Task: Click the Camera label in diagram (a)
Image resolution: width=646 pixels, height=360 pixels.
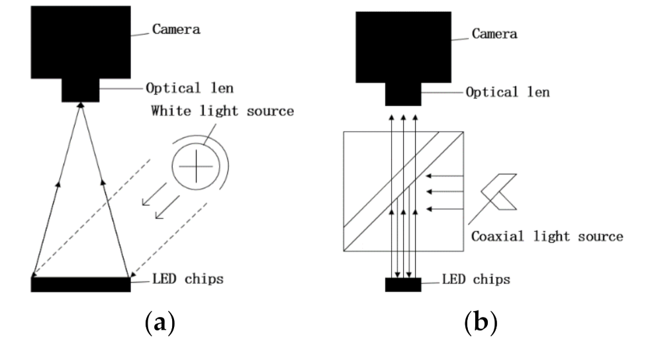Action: coord(176,29)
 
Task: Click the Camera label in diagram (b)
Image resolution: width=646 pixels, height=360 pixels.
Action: coord(494,33)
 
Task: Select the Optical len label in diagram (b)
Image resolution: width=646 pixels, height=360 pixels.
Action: coord(508,92)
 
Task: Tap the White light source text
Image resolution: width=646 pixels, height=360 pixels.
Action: coord(222,111)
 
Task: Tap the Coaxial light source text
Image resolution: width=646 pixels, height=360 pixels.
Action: coord(547,236)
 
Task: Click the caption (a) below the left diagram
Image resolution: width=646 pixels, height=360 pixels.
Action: coord(160,324)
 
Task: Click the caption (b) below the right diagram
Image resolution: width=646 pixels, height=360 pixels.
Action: coord(480,324)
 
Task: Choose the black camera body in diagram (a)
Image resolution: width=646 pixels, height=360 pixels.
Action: coord(81,42)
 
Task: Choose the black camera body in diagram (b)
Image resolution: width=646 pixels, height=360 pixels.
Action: coord(403,46)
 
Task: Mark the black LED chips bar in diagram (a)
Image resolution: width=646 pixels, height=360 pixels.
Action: coord(81,285)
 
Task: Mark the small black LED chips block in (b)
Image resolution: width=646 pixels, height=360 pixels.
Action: coord(403,285)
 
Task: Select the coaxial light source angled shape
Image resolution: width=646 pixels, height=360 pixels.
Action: coord(500,192)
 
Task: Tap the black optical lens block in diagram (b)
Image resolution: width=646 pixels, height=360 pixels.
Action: coord(403,94)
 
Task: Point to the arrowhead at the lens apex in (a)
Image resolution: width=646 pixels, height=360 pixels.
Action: coord(81,105)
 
